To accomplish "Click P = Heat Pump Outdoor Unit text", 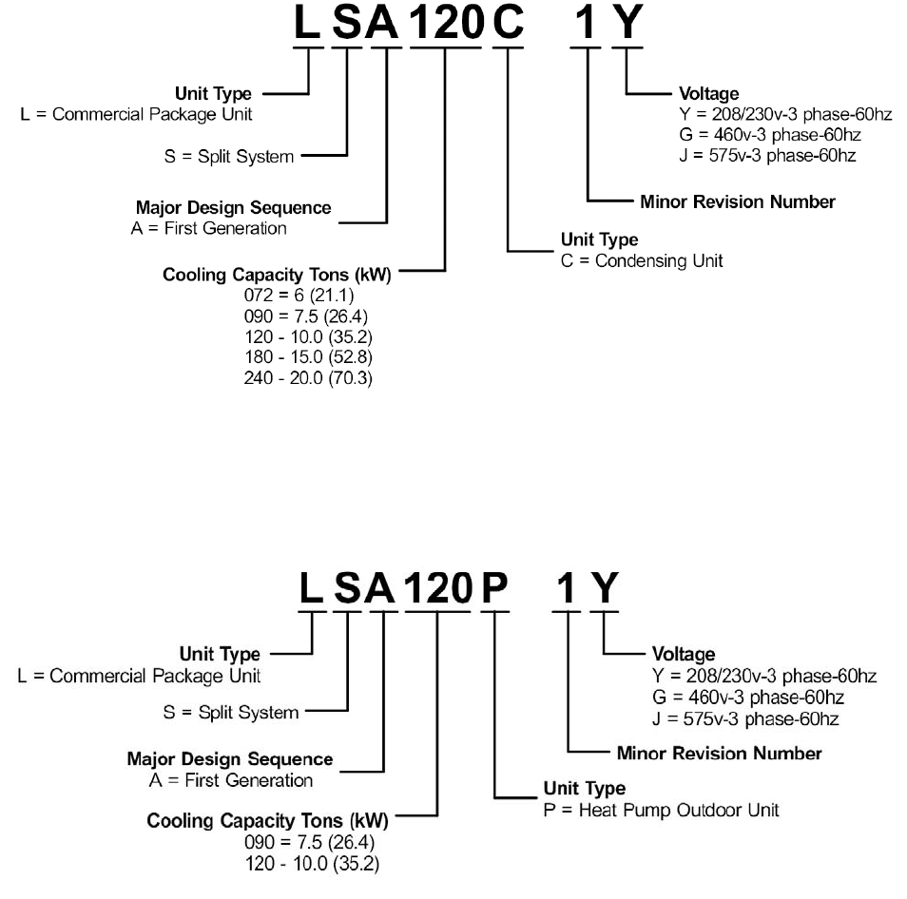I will [660, 810].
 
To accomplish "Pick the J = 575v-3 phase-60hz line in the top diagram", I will [767, 155].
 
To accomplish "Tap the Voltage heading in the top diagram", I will [708, 94].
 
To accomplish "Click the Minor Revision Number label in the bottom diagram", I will [719, 754].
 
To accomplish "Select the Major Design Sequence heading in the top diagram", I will [233, 207].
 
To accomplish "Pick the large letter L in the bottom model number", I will [312, 592].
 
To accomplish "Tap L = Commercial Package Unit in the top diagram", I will [136, 114].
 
